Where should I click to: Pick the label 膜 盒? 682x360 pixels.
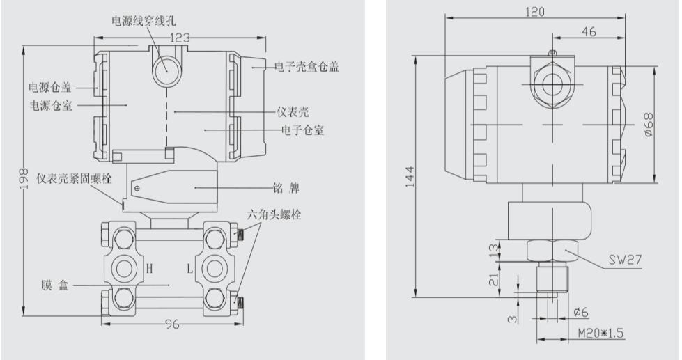point(54,286)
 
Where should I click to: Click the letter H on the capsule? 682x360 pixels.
point(149,268)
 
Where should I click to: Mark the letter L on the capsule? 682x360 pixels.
point(188,268)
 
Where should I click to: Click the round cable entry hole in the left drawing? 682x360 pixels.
point(166,70)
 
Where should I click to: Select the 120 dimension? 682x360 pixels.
point(535,11)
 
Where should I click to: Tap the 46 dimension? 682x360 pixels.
point(587,31)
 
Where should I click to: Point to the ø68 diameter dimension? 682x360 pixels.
point(649,124)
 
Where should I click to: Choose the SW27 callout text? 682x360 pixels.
point(625,261)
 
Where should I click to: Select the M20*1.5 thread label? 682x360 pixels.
point(600,334)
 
